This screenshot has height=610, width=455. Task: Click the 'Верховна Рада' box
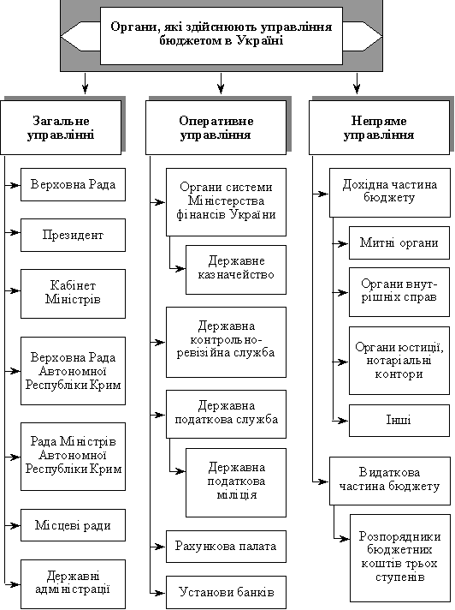tap(73, 184)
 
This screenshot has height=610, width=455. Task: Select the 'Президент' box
tap(73, 235)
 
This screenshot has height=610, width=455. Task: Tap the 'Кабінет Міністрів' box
tap(73, 294)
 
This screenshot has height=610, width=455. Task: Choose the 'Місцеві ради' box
tap(73, 525)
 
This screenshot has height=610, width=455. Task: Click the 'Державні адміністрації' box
tap(73, 584)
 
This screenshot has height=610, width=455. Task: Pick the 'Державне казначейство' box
tap(236, 270)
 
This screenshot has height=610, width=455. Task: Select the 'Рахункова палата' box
tap(226, 547)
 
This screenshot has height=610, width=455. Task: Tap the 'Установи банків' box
tap(226, 592)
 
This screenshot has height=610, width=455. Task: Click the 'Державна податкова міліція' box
tap(236, 482)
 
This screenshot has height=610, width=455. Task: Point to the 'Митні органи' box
tap(399, 242)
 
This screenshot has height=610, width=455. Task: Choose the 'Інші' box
tap(399, 420)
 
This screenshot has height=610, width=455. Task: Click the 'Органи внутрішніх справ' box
tap(399, 292)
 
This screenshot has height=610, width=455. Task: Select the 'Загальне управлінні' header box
tap(61, 128)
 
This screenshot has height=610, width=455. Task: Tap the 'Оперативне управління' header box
tap(216, 128)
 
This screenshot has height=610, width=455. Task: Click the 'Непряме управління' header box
tap(379, 128)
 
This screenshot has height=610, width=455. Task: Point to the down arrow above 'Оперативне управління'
tap(221, 83)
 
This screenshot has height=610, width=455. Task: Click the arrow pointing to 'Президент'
tap(13, 232)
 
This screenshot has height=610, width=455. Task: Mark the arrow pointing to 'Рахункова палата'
tap(158, 547)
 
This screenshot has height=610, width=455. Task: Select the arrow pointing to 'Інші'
tap(340, 420)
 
